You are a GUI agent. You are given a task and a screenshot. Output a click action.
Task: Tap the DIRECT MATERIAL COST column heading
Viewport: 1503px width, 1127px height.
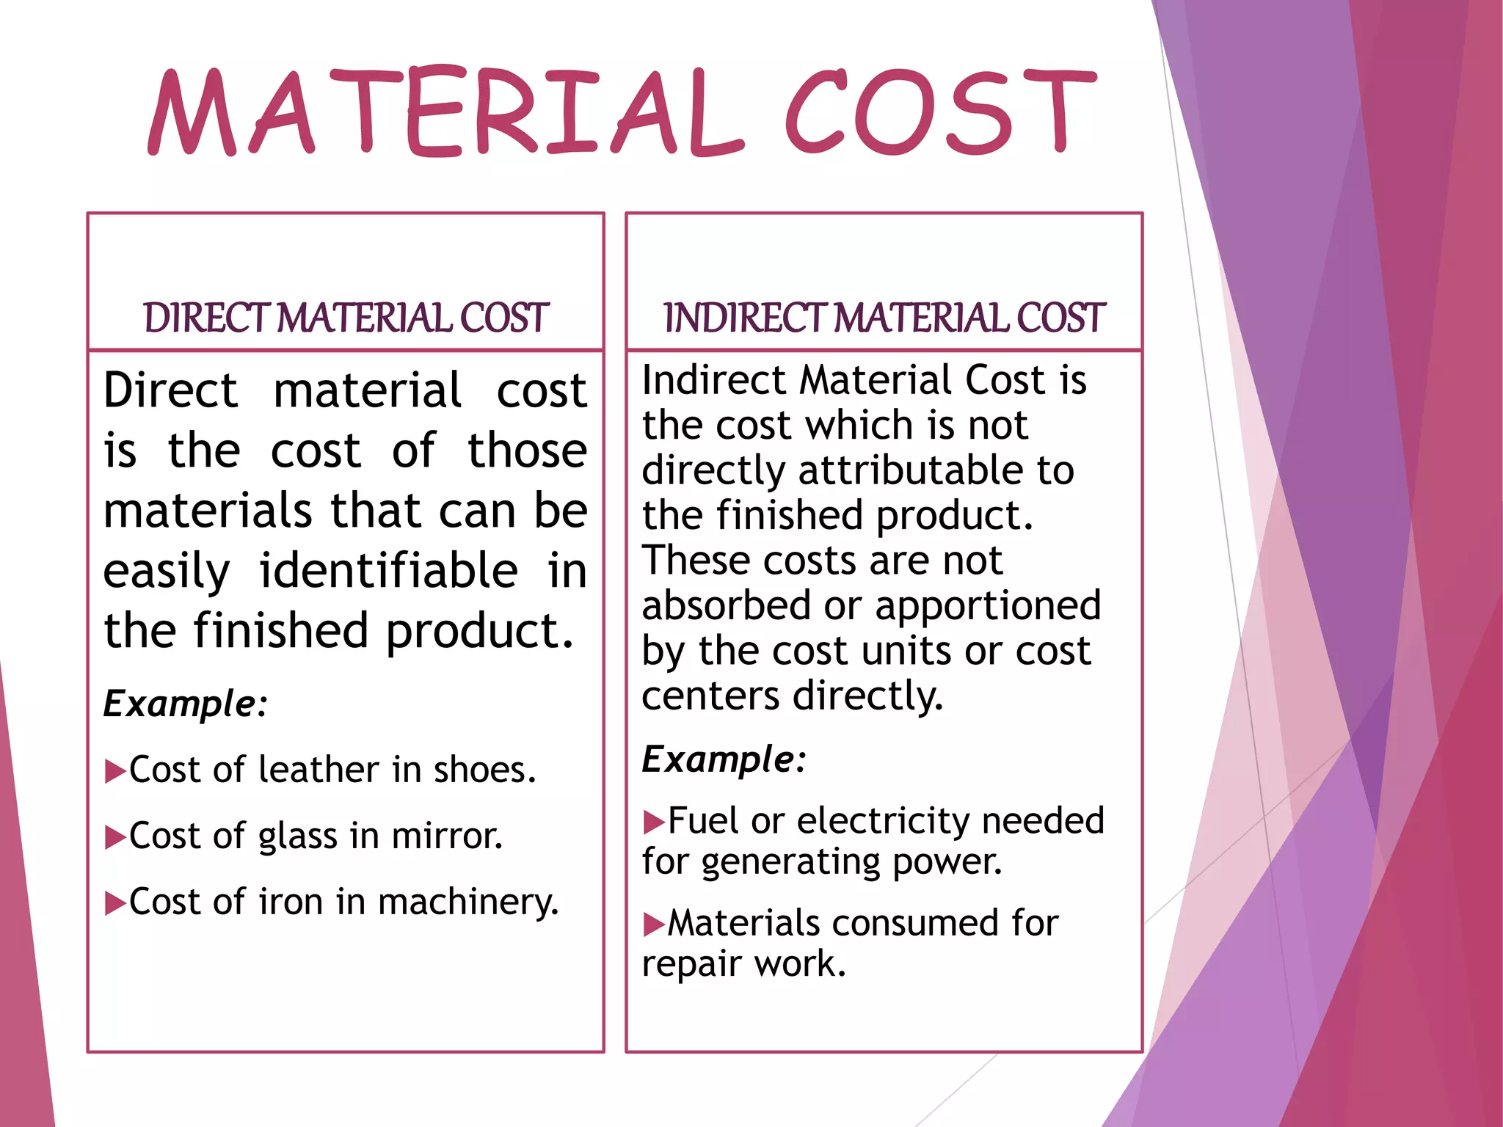click(346, 318)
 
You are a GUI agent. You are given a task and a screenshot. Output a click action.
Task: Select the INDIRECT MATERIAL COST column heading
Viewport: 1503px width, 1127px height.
click(884, 318)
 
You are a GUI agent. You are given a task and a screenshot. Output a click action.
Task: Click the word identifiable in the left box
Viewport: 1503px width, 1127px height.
click(388, 571)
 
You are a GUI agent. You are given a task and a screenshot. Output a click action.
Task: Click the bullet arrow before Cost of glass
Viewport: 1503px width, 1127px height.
click(115, 837)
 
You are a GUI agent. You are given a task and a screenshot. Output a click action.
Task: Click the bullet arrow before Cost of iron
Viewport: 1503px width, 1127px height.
click(115, 903)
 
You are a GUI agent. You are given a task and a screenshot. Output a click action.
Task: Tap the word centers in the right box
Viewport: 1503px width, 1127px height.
click(710, 696)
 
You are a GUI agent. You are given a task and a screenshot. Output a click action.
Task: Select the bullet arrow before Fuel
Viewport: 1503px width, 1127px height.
click(653, 823)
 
